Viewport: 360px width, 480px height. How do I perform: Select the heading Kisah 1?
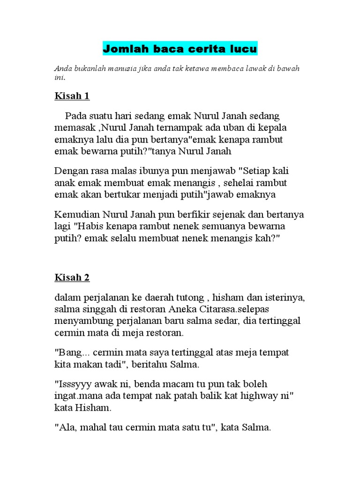coord(72,96)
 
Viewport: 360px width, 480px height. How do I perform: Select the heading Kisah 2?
coord(72,277)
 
